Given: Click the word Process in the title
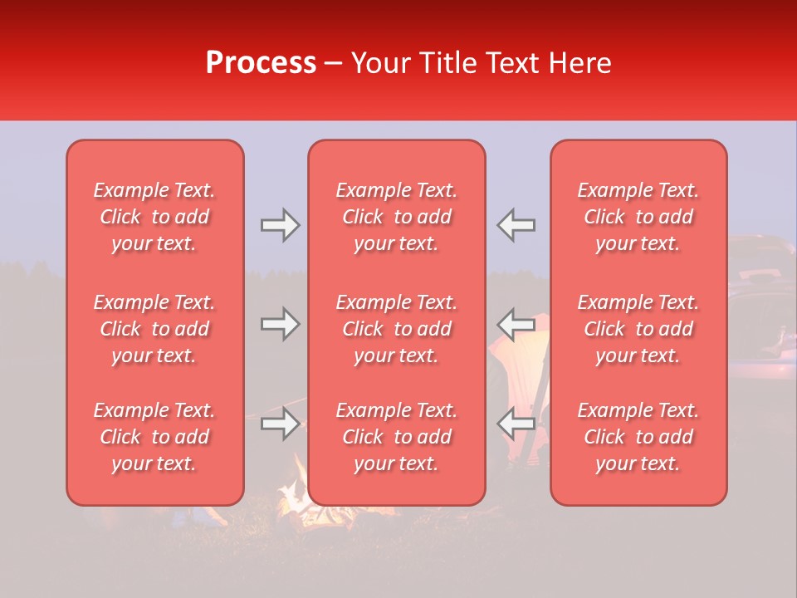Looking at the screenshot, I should pos(261,63).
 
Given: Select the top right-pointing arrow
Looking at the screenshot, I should pos(280,225).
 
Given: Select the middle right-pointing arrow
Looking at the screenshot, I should pos(280,324).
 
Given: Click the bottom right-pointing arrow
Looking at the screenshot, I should pos(280,424).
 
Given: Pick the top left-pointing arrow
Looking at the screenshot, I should pos(516,225).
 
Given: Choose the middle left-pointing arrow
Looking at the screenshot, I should pos(516,324).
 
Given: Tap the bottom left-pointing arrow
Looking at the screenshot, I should pos(516,424).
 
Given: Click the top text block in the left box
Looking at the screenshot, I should pos(154,217).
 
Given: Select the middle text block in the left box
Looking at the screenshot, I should pos(154,329).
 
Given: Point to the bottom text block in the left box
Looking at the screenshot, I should pos(154,437).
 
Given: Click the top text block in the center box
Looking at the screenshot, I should pos(397,217).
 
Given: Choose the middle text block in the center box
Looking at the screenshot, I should pos(397,329).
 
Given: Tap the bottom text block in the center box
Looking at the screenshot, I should pos(397,437).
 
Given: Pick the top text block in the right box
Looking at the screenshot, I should pos(638,217).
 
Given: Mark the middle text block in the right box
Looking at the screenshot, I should pos(638,329).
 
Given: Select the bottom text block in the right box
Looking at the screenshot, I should pos(638,437).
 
